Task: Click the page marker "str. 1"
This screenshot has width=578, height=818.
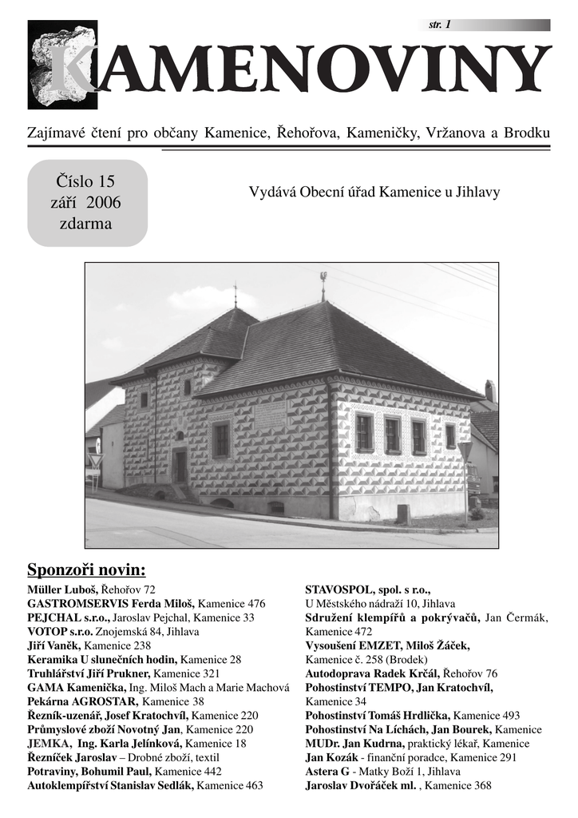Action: click(x=440, y=25)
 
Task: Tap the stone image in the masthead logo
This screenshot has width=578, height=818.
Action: click(x=62, y=64)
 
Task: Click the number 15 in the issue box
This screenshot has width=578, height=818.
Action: click(x=109, y=181)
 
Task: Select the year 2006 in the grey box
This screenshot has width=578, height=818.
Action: click(x=104, y=202)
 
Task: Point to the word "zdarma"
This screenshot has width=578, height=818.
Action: click(x=86, y=224)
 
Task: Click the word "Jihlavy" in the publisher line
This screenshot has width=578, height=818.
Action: click(x=477, y=193)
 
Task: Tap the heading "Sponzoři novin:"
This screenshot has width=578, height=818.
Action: click(x=87, y=570)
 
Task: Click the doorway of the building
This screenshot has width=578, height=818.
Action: click(x=180, y=465)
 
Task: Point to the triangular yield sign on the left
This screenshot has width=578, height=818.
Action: click(x=96, y=460)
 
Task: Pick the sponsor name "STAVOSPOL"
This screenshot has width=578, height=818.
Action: click(x=339, y=590)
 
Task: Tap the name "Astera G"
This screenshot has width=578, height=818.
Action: click(x=327, y=772)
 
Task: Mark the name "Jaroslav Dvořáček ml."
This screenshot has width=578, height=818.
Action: click(x=362, y=786)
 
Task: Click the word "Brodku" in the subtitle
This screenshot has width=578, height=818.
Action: click(x=527, y=132)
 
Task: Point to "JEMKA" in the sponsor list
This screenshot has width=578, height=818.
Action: click(x=47, y=744)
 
